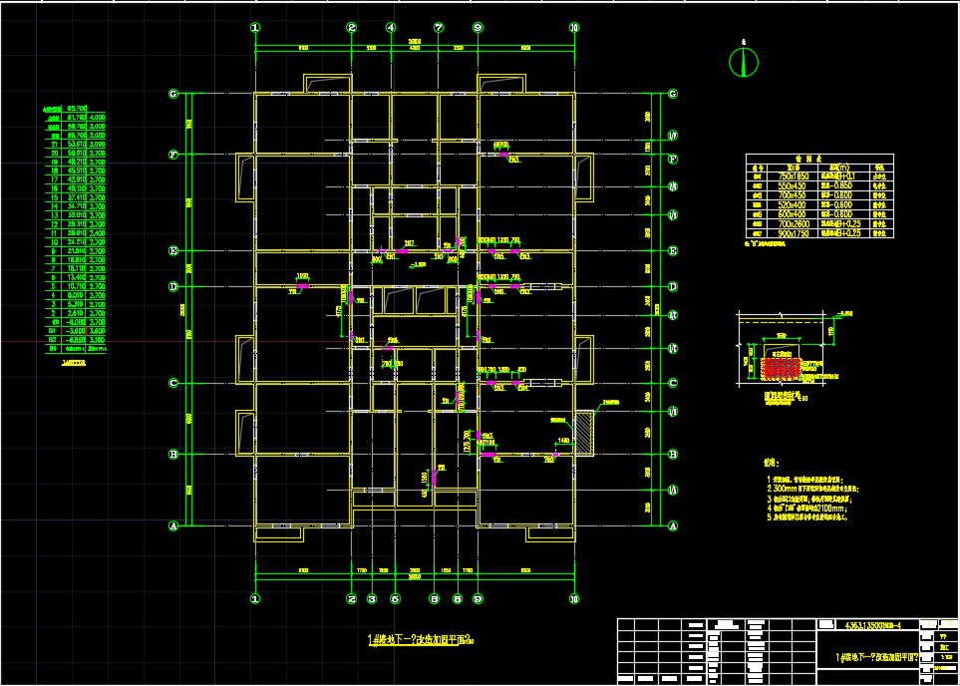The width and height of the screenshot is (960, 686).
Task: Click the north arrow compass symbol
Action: (x=739, y=63)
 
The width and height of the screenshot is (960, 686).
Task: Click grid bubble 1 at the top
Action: (x=255, y=28)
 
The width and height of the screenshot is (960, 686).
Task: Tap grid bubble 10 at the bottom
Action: (x=573, y=599)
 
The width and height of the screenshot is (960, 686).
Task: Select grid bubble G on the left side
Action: (x=173, y=95)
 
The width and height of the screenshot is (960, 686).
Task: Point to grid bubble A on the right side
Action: (x=673, y=525)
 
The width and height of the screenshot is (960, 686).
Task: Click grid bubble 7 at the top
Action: (x=438, y=28)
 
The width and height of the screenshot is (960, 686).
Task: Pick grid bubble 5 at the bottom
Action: (x=395, y=599)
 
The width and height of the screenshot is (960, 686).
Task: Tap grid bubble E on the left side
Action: (x=173, y=251)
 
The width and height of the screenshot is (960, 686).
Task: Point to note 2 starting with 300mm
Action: (x=802, y=489)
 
